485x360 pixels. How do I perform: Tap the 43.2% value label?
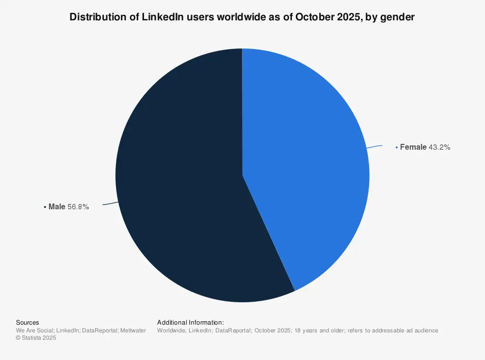[x=439, y=147]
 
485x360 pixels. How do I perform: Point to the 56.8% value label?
[x=78, y=207]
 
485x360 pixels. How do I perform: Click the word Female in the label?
[x=413, y=147]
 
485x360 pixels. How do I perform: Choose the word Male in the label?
[x=57, y=207]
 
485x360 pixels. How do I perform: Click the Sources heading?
[x=28, y=322]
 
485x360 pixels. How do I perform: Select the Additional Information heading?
[x=190, y=322]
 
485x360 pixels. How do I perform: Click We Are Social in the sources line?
[x=34, y=330]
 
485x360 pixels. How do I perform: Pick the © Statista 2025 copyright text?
[x=36, y=338]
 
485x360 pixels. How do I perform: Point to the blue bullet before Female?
[x=396, y=147]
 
